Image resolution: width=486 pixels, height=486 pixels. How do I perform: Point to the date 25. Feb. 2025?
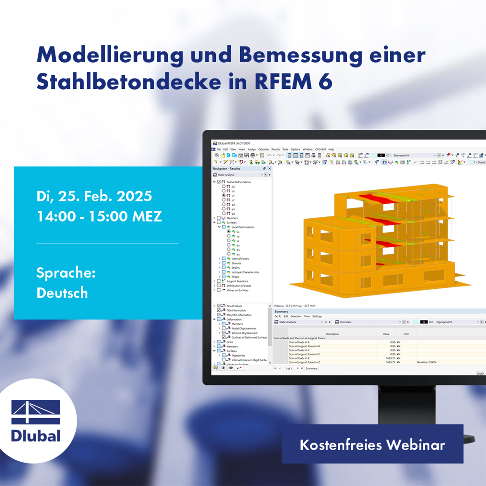click(105, 196)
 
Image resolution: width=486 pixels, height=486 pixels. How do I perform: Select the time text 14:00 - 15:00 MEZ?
click(99, 216)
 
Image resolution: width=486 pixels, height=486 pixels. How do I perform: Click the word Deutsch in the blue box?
click(62, 293)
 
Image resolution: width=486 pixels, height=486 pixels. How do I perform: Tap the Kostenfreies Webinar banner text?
click(372, 444)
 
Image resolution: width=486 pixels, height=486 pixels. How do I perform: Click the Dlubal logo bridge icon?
click(36, 412)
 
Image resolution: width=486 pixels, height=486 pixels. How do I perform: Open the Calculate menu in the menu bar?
click(264, 150)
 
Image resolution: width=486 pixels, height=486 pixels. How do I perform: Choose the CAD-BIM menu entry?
click(321, 150)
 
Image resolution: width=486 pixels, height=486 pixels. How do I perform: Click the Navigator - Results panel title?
click(226, 168)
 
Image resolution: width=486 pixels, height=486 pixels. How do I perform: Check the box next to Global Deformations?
click(219, 182)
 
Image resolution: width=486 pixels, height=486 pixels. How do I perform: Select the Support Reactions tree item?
click(237, 281)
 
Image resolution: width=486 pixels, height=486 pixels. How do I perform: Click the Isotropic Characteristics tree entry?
click(245, 272)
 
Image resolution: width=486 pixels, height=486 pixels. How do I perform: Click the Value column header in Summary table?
click(386, 334)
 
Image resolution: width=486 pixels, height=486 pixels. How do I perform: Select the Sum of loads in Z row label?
click(304, 358)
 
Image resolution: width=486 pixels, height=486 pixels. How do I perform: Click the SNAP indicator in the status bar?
click(480, 374)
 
